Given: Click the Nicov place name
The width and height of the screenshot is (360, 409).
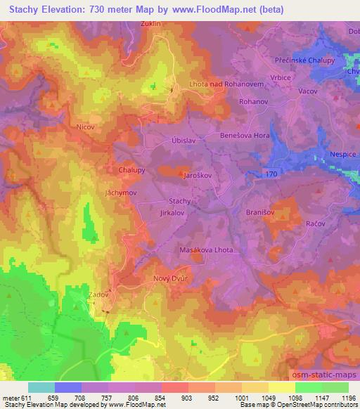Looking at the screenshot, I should coord(86,127).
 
